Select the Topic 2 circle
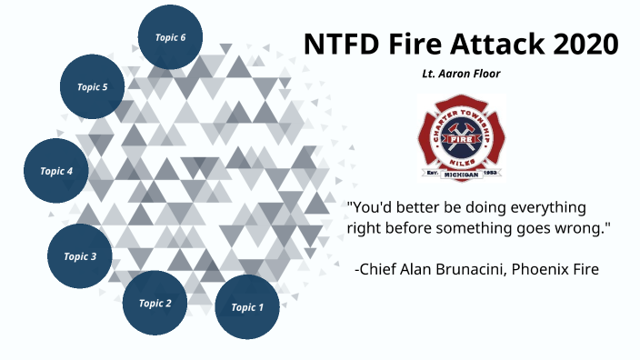155,303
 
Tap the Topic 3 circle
80,256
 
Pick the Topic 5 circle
92,87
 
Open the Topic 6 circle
170,37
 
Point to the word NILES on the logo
461,152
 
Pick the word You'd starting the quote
373,207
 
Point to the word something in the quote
487,228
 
